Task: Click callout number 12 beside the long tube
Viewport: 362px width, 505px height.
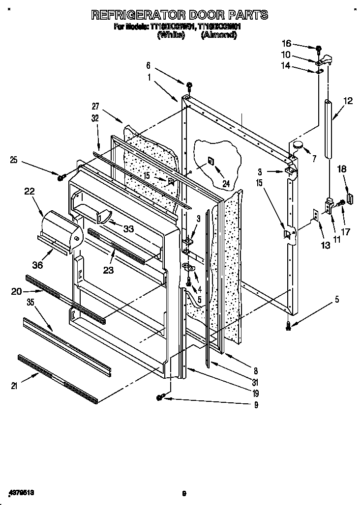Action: click(348, 102)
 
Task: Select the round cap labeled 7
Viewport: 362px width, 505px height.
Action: click(298, 144)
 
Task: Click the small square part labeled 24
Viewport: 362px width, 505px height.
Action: click(210, 160)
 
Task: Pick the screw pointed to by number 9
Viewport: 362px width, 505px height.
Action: click(160, 397)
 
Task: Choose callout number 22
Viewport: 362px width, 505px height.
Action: click(29, 192)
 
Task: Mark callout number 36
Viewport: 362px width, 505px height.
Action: click(37, 265)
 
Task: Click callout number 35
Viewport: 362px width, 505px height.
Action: click(17, 303)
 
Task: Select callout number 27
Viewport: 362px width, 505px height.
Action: click(96, 106)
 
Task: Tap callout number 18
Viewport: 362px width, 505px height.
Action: click(342, 169)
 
